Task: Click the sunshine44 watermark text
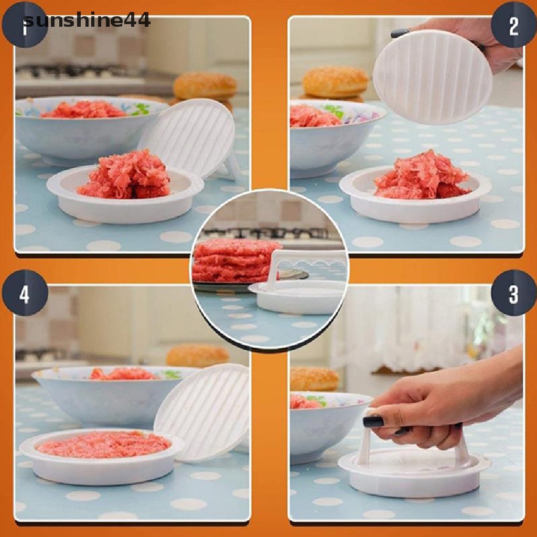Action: tap(87, 20)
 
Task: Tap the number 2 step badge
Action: tap(513, 25)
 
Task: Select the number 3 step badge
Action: tap(513, 293)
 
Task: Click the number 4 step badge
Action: tap(24, 293)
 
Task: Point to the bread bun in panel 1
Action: tap(205, 86)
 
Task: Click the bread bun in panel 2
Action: tap(335, 82)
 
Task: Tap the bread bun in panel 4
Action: tap(197, 356)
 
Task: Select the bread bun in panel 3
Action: tap(314, 379)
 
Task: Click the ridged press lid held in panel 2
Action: tap(433, 77)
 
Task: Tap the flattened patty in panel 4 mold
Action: tap(103, 444)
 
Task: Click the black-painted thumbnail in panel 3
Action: tap(373, 421)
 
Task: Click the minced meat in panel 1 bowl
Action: tap(84, 110)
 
